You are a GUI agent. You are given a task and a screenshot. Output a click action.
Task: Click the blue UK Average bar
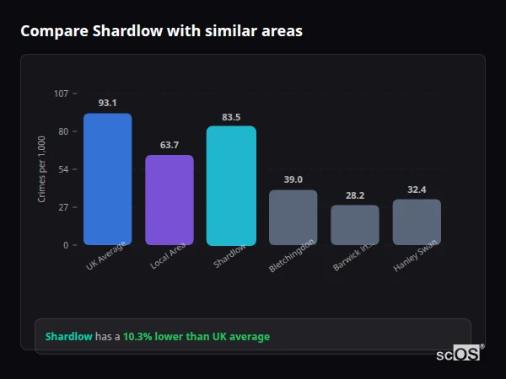tap(107, 179)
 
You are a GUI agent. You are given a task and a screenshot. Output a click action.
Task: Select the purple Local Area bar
tap(170, 200)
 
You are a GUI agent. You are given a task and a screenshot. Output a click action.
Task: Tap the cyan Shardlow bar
tap(231, 185)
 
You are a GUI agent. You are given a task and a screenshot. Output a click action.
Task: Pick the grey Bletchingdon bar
tap(293, 217)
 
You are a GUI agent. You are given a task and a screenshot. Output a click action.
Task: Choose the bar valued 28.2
tap(355, 225)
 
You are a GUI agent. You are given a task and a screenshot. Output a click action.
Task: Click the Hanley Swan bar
tap(417, 222)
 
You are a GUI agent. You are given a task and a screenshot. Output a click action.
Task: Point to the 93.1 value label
tap(107, 103)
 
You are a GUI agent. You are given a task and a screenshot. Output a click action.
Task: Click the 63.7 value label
tap(170, 145)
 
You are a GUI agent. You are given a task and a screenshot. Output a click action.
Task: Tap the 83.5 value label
tap(231, 117)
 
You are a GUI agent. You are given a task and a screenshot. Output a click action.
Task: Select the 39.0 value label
tap(293, 179)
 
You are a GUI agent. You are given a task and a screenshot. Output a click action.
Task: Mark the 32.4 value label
tap(417, 189)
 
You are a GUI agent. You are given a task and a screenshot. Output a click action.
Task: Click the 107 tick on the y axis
tap(61, 93)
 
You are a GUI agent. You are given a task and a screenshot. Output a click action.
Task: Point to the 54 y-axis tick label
tap(63, 169)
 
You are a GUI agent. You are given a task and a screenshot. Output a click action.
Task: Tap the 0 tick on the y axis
tap(65, 245)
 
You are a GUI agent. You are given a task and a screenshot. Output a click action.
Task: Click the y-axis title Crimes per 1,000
tap(42, 169)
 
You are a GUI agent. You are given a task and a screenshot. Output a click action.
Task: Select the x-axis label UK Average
tap(106, 258)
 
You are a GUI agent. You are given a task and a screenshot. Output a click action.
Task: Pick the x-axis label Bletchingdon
tap(292, 256)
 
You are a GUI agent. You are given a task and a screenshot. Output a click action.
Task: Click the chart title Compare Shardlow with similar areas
tap(161, 31)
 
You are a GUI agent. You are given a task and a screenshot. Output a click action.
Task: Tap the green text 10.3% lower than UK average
tap(196, 337)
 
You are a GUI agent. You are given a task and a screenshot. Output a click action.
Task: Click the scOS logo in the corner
tap(459, 354)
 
